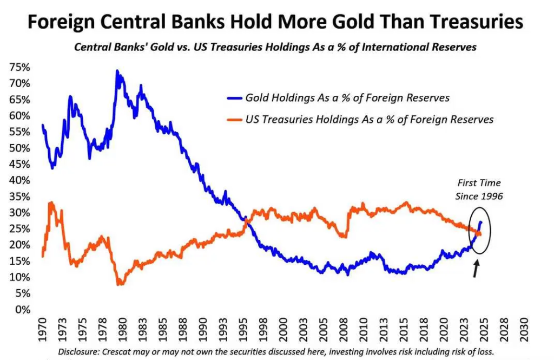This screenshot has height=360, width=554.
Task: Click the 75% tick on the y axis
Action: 19,68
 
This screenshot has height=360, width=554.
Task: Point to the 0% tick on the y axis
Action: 23,310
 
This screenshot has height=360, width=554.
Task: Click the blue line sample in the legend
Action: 233,99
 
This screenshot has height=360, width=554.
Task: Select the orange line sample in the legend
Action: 233,119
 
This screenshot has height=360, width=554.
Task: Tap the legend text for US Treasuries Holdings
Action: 370,119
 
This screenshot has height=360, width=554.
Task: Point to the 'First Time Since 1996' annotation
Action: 479,189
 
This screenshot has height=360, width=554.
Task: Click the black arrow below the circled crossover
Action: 477,269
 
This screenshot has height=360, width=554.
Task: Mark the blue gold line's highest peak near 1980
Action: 117,71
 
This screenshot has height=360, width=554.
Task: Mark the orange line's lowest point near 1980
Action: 118,284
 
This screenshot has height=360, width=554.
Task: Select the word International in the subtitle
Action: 394,47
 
